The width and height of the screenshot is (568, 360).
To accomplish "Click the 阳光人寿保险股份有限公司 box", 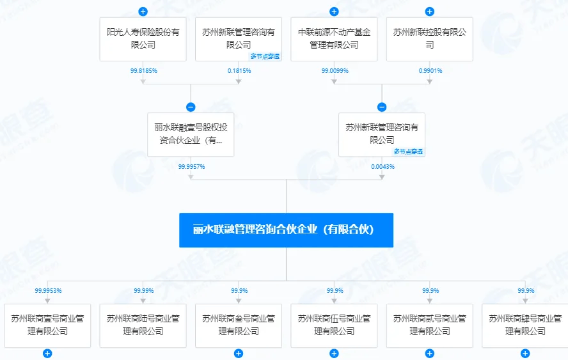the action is (x=143, y=39).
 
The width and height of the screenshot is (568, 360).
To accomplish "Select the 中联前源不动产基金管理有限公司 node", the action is (x=334, y=39).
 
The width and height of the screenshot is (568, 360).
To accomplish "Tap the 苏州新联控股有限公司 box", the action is (x=430, y=39).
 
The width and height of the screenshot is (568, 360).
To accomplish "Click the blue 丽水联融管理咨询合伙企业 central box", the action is (x=286, y=230).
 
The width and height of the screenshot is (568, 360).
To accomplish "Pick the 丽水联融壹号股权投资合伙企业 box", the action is (x=191, y=135).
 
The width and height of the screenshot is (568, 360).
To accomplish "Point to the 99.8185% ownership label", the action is (x=144, y=70).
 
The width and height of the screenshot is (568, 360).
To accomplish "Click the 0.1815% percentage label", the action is (x=239, y=70).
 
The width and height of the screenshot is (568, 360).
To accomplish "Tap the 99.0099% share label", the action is (x=335, y=70).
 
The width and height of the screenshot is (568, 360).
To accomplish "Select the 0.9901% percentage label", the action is (x=430, y=70).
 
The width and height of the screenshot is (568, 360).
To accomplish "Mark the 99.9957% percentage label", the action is (x=192, y=167).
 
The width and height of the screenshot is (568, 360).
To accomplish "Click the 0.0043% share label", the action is (x=383, y=167).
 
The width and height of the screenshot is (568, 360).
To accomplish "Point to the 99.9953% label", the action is (x=48, y=290).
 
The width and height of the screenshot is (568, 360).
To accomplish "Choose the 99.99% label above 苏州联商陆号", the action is (x=144, y=290).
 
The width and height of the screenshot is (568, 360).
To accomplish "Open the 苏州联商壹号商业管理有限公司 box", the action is (x=47, y=325).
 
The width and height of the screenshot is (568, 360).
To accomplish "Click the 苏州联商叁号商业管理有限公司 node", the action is (x=239, y=325).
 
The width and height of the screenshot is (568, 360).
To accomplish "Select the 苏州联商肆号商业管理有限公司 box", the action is (x=525, y=325).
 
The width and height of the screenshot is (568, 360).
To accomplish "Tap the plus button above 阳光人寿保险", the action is (x=143, y=12).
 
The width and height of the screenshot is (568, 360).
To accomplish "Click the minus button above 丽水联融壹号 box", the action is (x=191, y=107).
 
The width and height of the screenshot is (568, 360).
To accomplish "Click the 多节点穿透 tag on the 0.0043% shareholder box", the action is (x=408, y=152).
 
